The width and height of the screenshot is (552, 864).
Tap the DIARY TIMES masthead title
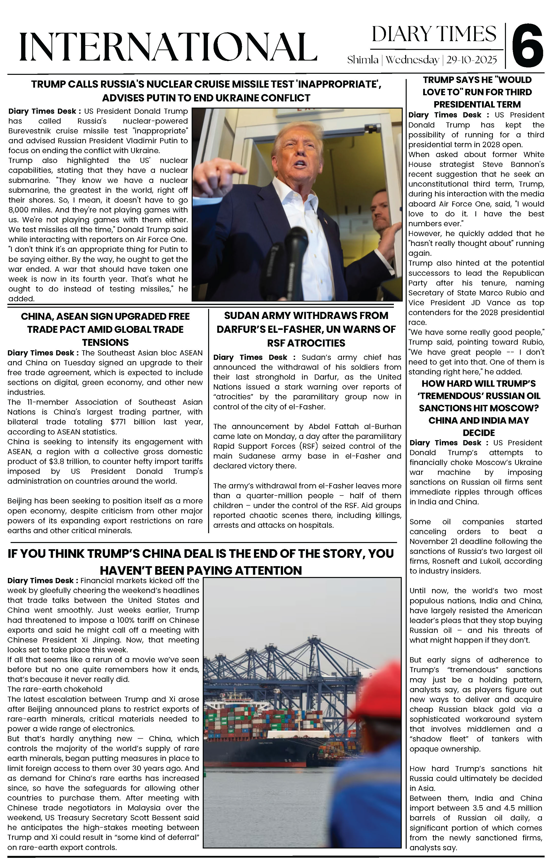click(x=434, y=34)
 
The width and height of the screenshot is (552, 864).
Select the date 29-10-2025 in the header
click(x=471, y=60)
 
